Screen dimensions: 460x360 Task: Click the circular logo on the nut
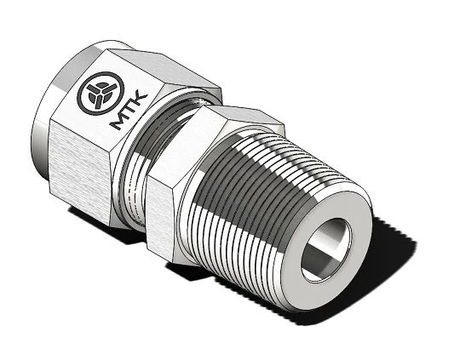click(101, 94)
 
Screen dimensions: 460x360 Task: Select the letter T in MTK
click(129, 110)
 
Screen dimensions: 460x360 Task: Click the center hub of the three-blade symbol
click(99, 94)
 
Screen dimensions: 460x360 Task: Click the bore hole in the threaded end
click(325, 249)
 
